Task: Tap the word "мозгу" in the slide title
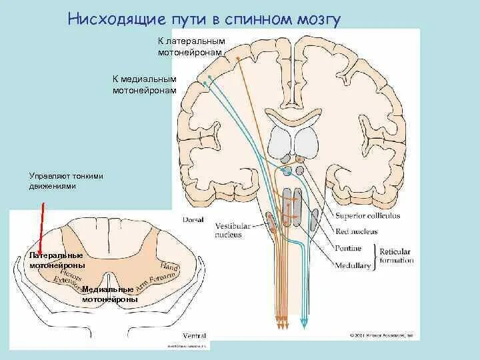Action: point(316,19)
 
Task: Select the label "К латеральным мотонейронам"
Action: point(192,47)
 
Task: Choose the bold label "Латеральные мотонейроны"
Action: point(57,260)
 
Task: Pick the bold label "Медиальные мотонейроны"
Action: point(110,295)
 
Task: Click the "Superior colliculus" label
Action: point(365,215)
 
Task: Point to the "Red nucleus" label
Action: point(357,231)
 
